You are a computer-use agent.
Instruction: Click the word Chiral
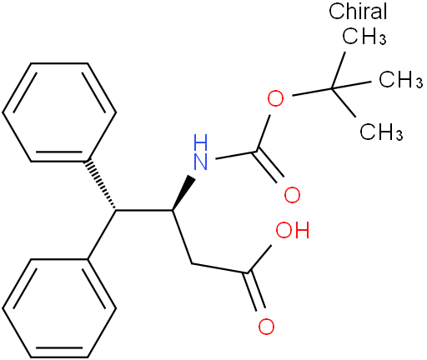[x=358, y=11]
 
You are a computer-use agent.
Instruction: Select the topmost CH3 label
[x=364, y=36]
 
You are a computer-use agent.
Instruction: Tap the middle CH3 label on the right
[x=400, y=79]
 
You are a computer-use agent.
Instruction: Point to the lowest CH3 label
[x=381, y=131]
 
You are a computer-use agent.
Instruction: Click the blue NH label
[x=201, y=152]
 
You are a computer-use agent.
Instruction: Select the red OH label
[x=293, y=230]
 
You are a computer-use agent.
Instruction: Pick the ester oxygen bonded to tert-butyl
[x=275, y=98]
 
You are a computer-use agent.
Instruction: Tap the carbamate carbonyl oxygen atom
[x=292, y=194]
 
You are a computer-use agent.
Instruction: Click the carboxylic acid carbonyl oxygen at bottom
[x=266, y=327]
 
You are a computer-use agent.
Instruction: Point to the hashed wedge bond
[x=102, y=185]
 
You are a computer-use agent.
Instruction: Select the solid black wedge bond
[x=183, y=192]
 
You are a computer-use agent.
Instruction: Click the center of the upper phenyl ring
[x=59, y=112]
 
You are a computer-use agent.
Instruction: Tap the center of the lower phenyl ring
[x=59, y=307]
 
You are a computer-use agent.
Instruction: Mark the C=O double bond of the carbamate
[x=269, y=165]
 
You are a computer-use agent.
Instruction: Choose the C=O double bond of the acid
[x=254, y=291]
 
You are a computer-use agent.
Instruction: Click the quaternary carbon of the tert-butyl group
[x=332, y=88]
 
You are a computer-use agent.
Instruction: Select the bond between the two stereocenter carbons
[x=144, y=211]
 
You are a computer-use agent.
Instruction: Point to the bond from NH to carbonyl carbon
[x=237, y=155]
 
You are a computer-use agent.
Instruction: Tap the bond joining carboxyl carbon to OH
[x=260, y=258]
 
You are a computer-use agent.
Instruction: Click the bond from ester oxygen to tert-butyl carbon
[x=312, y=92]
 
